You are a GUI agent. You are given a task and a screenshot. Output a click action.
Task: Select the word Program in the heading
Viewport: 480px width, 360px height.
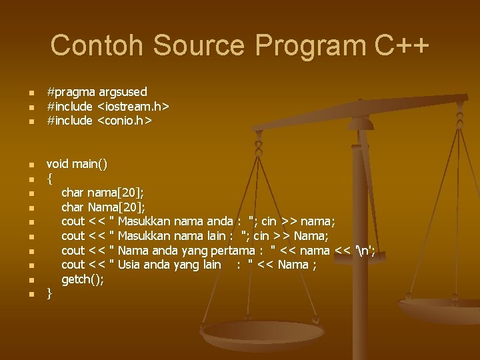(x=309, y=46)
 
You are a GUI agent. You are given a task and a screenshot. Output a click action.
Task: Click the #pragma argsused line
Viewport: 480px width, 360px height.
(x=97, y=91)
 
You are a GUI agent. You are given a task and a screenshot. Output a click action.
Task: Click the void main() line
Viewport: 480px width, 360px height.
(x=77, y=164)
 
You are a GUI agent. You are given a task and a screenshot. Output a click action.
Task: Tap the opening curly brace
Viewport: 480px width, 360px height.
(x=49, y=179)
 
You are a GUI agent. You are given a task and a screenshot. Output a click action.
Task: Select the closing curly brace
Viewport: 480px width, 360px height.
(x=49, y=293)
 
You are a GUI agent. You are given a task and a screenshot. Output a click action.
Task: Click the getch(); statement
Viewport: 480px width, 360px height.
(x=83, y=279)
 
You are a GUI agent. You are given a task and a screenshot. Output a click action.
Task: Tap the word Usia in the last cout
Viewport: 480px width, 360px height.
(x=130, y=265)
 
